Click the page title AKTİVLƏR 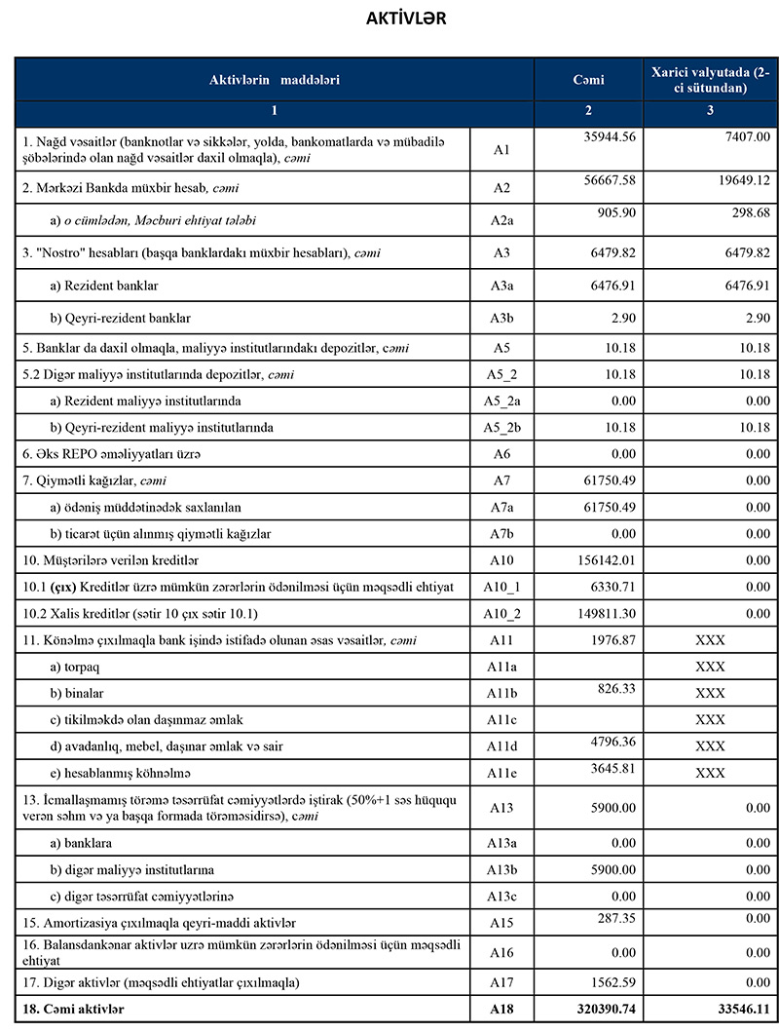[406, 19]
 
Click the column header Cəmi [588, 78]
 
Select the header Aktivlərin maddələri [275, 78]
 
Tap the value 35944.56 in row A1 [606, 136]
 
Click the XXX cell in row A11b [710, 693]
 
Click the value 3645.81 [609, 767]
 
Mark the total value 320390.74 [599, 1009]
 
